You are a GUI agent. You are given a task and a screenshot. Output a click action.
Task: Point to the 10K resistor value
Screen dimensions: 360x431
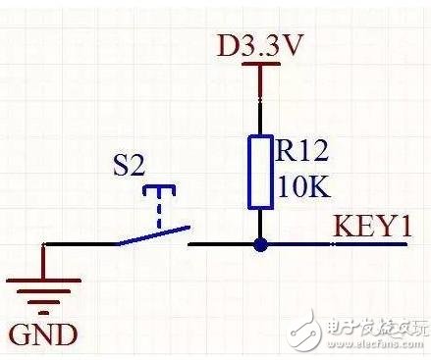[x=304, y=186]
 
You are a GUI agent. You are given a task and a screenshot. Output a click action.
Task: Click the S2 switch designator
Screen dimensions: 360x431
[x=129, y=164]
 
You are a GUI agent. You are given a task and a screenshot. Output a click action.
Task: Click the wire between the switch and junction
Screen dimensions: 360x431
[x=224, y=244]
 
